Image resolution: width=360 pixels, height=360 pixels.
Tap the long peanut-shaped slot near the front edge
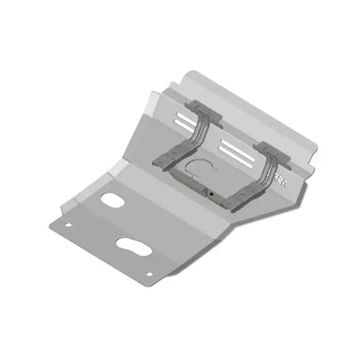pos(131,246)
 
